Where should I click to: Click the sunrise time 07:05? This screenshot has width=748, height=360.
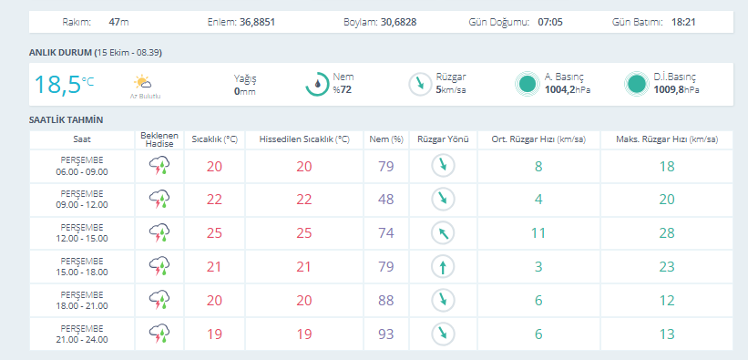550,22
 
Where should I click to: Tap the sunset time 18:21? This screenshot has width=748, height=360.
683,22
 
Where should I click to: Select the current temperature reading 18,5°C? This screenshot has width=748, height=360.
64,85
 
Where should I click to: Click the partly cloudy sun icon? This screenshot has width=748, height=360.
143,83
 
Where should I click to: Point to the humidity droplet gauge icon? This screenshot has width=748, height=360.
317,84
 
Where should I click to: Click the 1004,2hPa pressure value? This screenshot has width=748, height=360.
568,89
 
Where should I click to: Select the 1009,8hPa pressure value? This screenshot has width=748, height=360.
676,89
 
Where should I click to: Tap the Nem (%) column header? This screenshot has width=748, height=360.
386,139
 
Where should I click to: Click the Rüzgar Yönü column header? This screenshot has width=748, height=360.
443,139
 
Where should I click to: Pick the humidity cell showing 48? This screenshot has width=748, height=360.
386,199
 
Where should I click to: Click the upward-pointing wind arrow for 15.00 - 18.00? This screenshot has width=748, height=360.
443,266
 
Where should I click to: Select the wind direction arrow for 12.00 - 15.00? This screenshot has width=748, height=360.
443,233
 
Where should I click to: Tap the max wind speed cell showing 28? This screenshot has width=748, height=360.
667,233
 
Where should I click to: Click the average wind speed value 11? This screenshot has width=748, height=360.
538,233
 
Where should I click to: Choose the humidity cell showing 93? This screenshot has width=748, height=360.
386,334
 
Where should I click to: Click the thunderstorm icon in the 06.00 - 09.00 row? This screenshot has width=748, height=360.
159,166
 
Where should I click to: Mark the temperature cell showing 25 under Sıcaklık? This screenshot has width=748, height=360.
215,233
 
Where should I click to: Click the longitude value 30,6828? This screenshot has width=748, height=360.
399,22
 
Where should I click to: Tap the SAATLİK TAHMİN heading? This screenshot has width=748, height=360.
66,119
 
